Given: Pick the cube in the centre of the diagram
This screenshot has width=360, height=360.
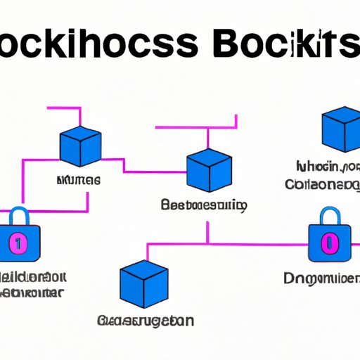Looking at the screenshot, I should (209, 171).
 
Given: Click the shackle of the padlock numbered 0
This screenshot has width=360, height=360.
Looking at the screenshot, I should (328, 216).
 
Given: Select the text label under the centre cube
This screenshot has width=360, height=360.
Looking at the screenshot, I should (203, 206).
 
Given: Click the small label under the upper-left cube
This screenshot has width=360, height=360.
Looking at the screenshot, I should (77, 181).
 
